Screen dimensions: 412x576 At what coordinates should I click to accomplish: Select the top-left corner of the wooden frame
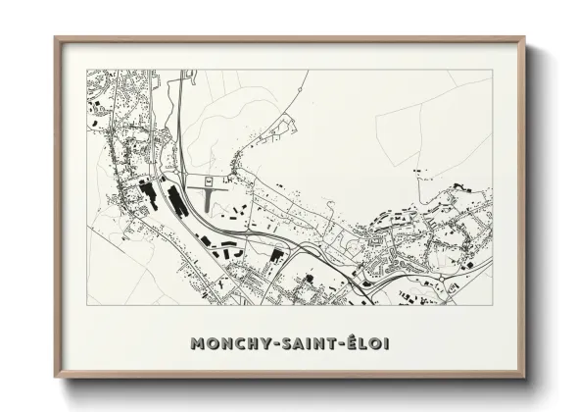point(56,38)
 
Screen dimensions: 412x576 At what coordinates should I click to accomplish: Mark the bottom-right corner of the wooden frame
point(524,377)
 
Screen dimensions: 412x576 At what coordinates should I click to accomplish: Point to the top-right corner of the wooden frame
point(524,38)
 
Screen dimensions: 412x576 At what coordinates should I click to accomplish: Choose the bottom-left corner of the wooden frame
point(56,377)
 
